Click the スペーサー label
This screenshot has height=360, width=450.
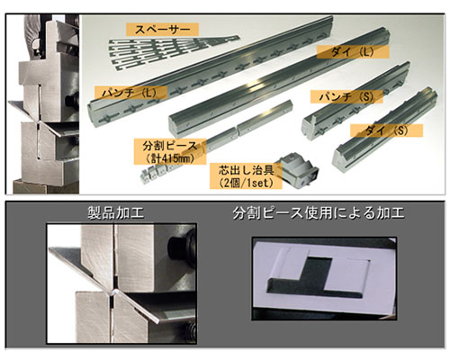click(x=162, y=30)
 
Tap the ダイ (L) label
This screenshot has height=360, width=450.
click(x=353, y=52)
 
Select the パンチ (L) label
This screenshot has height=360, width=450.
click(x=130, y=93)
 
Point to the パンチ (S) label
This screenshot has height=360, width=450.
click(x=346, y=96)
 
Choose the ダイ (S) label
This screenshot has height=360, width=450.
click(x=386, y=130)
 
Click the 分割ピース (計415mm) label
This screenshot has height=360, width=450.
click(x=170, y=151)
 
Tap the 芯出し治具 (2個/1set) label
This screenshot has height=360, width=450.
click(x=246, y=175)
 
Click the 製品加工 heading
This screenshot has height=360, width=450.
click(x=116, y=213)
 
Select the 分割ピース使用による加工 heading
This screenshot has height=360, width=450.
click(x=319, y=213)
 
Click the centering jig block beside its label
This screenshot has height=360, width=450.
click(x=299, y=170)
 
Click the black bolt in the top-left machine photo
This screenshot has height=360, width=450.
click(x=73, y=99)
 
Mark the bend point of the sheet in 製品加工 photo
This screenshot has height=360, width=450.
click(x=112, y=292)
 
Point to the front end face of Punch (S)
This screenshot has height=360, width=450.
click(x=310, y=127)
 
